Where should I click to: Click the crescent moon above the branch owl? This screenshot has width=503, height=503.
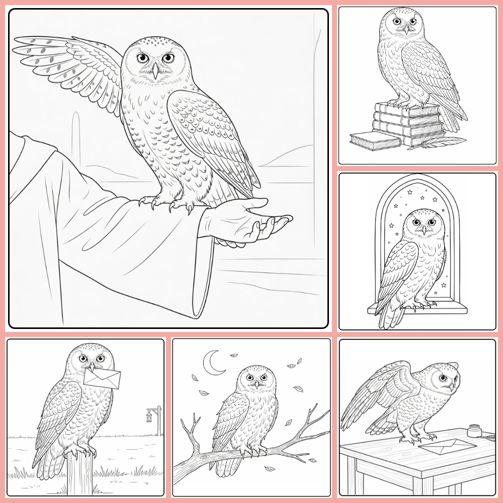click(212, 363)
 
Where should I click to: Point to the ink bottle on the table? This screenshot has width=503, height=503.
click(473, 432)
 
